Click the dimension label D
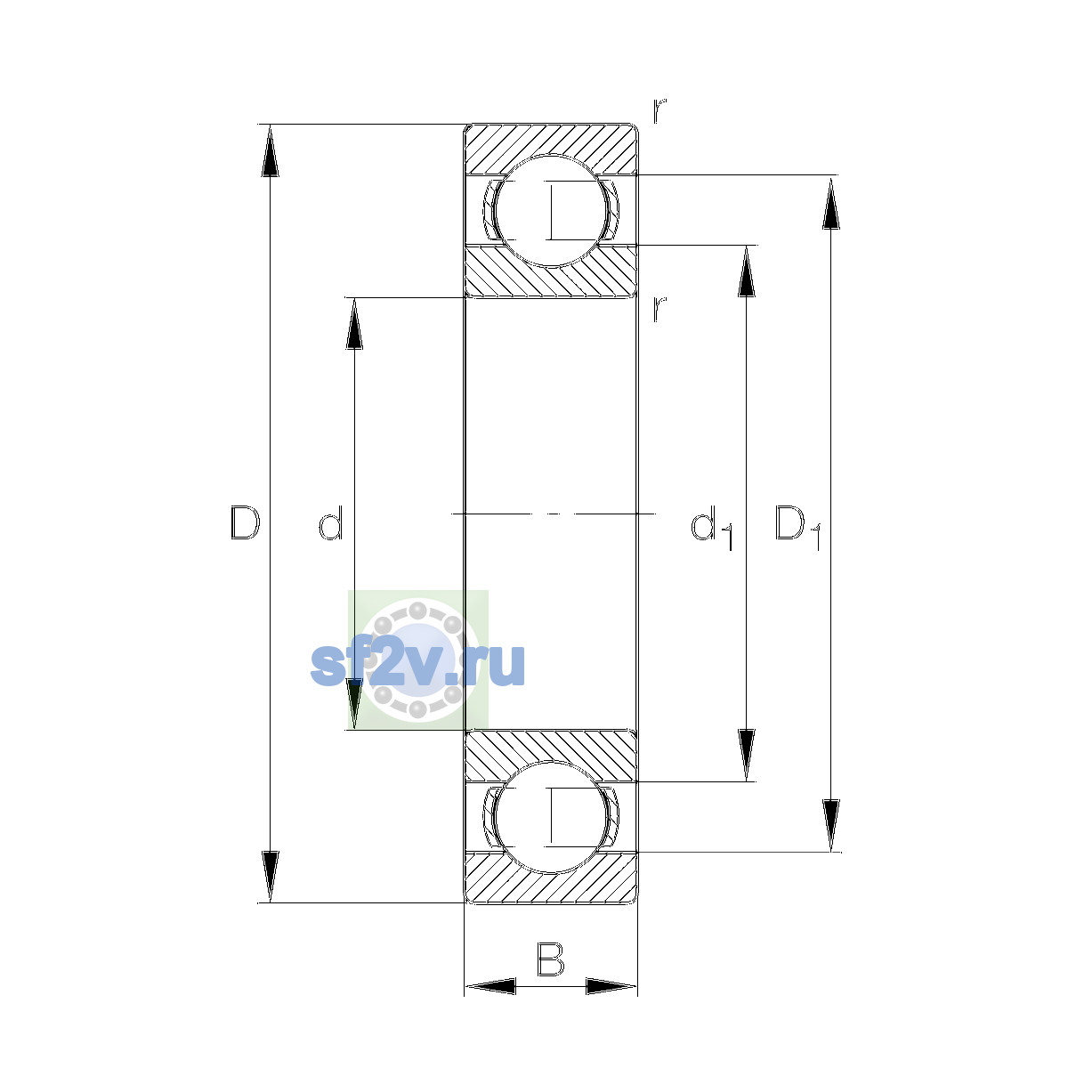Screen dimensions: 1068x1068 245,522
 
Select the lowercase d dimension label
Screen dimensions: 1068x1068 331,522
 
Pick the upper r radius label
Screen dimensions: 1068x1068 659,110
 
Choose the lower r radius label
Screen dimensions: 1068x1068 659,309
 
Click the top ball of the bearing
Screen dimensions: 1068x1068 551,211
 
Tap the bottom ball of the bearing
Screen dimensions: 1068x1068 551,818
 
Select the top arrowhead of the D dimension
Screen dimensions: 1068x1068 270,150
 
